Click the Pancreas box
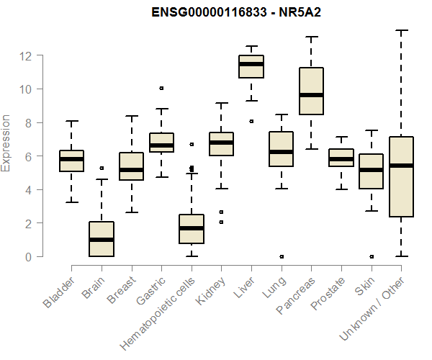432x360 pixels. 311,91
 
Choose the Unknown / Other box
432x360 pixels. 401,176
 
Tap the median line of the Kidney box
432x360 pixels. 221,143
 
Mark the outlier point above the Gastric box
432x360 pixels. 161,88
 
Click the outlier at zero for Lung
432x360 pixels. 281,256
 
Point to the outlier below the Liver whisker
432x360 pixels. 251,121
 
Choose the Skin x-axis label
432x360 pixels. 364,288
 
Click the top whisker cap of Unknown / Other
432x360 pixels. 401,30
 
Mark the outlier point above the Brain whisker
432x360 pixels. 102,168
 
